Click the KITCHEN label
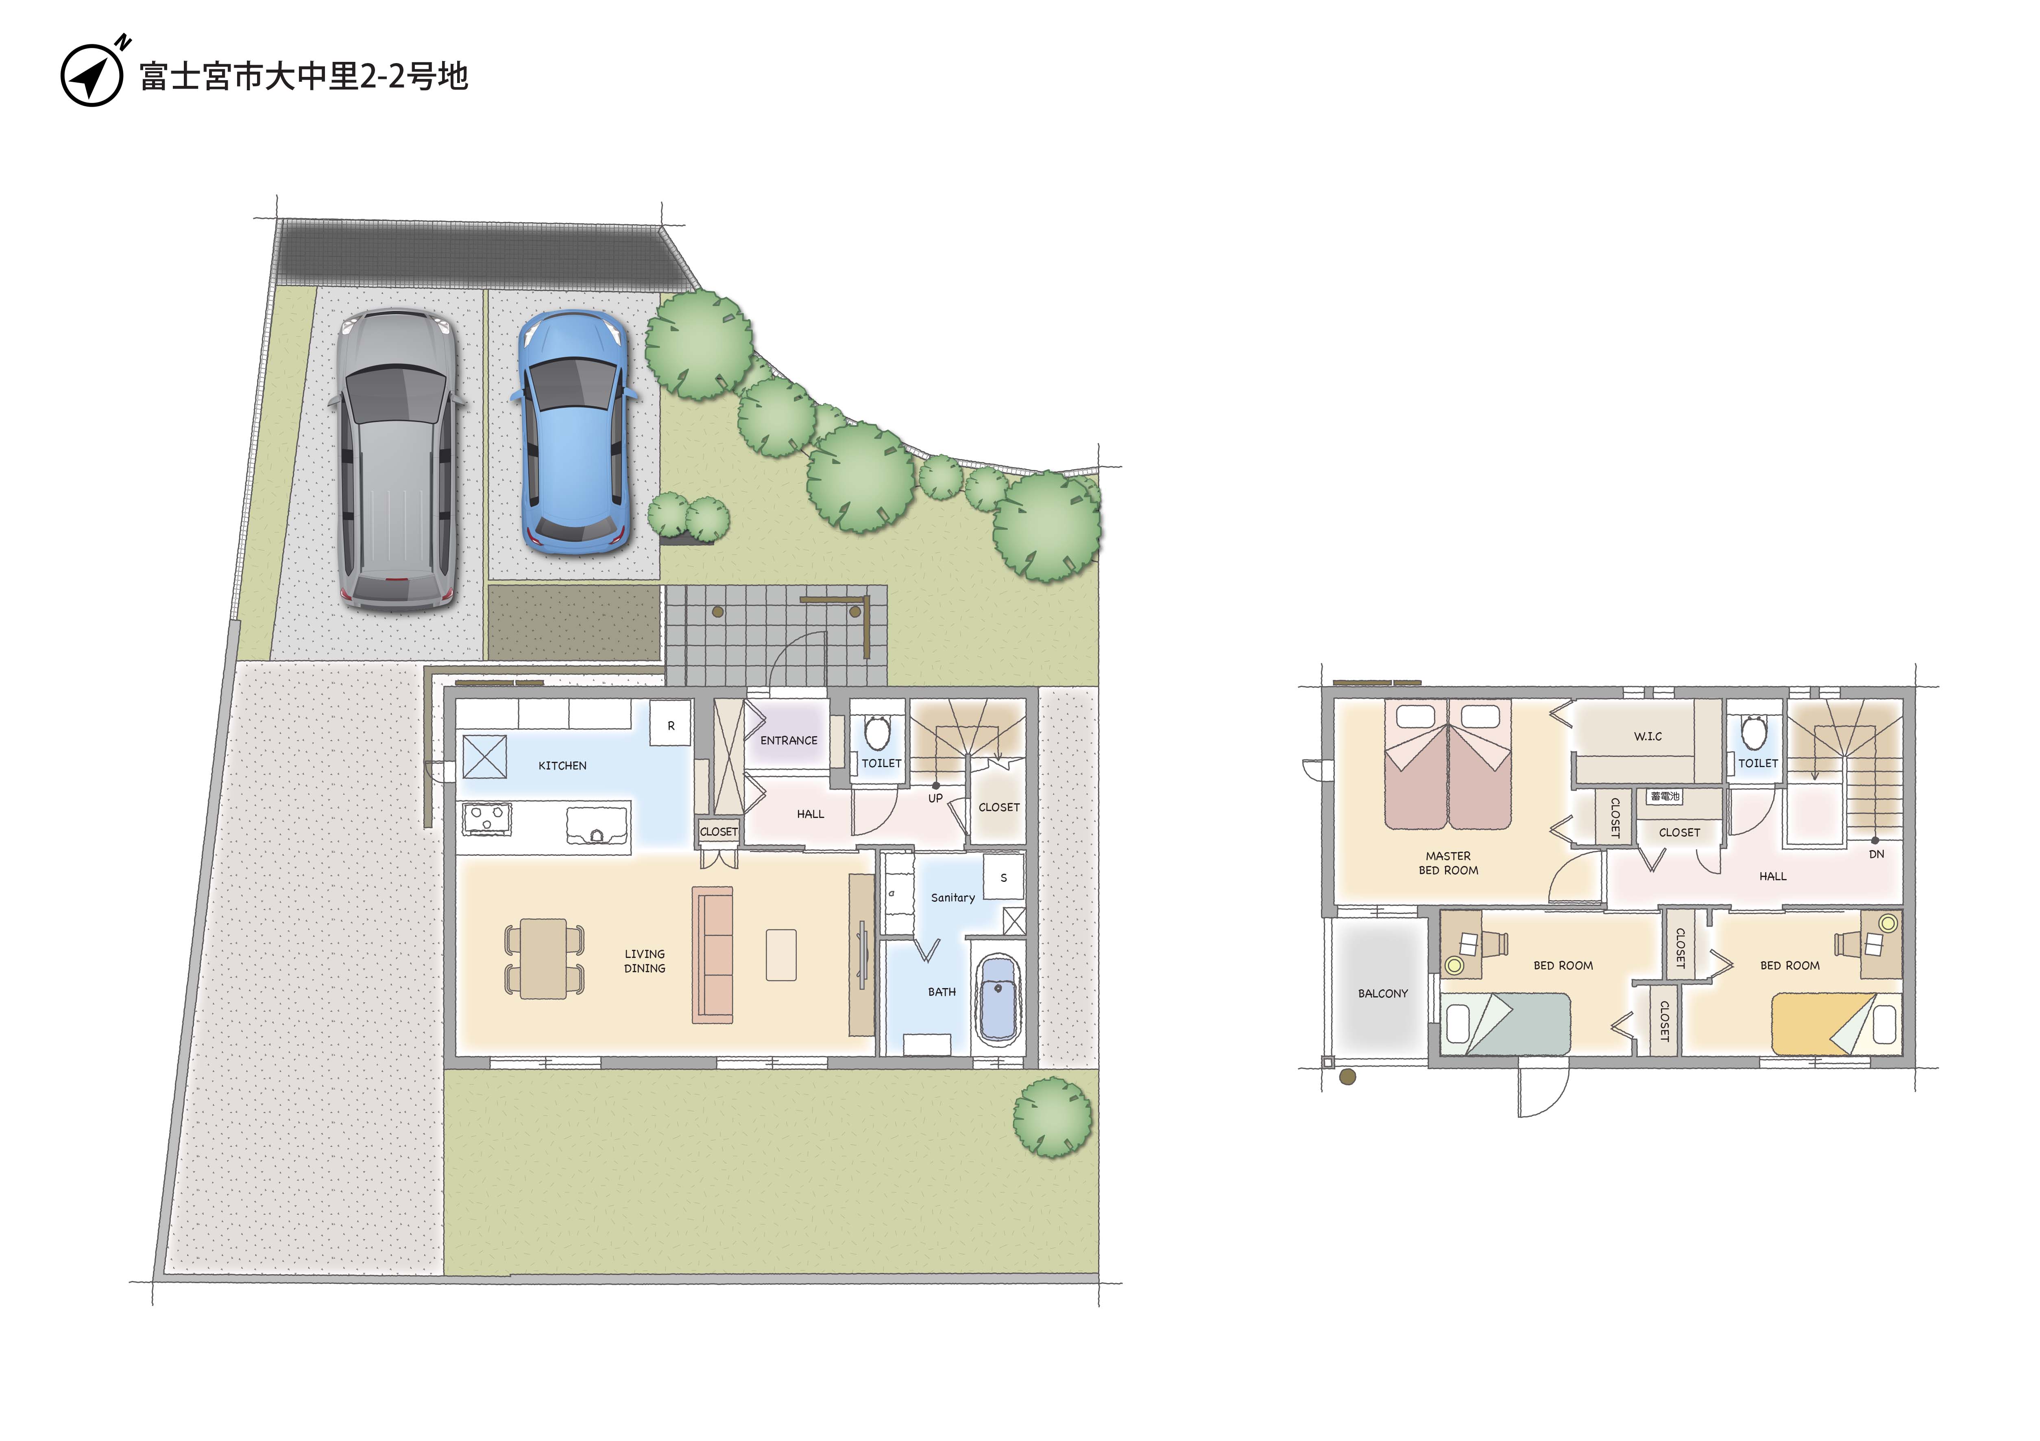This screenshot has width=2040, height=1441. pos(562,765)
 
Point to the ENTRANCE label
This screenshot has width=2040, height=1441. pos(789,741)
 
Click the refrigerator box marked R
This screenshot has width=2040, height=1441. pos(671,726)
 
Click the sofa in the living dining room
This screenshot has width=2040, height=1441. pos(713,955)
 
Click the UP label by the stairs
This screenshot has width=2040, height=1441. pos(935,798)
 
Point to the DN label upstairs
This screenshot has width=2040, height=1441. pos(1877,854)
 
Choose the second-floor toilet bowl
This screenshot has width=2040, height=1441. pos(1754,733)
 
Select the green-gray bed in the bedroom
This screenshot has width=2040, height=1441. pos(1505,1024)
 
